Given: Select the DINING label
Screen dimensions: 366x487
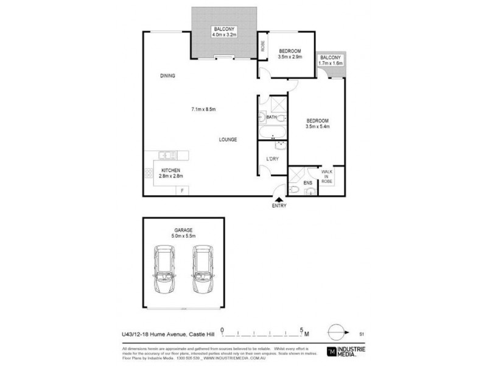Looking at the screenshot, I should pyautogui.click(x=167, y=76).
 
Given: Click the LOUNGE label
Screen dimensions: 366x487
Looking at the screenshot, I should pyautogui.click(x=228, y=140).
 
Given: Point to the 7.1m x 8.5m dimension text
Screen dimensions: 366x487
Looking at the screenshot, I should pyautogui.click(x=204, y=109).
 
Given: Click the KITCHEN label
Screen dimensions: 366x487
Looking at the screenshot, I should pyautogui.click(x=170, y=170).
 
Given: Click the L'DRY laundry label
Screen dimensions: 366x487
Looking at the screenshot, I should pyautogui.click(x=272, y=159).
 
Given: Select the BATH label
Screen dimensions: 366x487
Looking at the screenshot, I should pyautogui.click(x=272, y=117).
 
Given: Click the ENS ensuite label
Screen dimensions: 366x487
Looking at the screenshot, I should pyautogui.click(x=298, y=182).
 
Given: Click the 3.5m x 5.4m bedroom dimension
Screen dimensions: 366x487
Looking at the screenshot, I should pyautogui.click(x=317, y=127).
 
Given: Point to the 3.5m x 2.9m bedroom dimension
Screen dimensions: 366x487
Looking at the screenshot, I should pyautogui.click(x=290, y=57).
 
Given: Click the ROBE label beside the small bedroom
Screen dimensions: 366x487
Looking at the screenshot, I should pyautogui.click(x=262, y=46).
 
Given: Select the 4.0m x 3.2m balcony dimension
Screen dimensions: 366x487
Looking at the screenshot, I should pyautogui.click(x=224, y=36).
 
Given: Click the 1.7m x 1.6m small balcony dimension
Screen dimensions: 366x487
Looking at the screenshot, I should pyautogui.click(x=331, y=63).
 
